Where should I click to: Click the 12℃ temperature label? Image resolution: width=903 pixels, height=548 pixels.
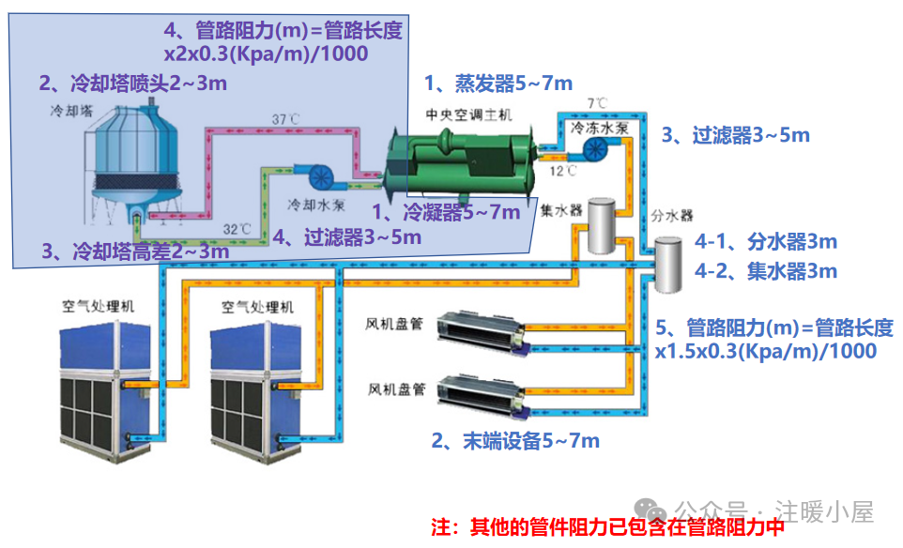point(563,171)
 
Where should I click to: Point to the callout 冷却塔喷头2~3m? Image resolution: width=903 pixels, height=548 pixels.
point(132,84)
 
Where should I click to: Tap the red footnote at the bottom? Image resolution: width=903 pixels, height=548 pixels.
point(606,526)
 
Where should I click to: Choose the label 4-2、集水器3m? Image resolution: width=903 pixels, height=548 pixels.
point(765,272)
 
